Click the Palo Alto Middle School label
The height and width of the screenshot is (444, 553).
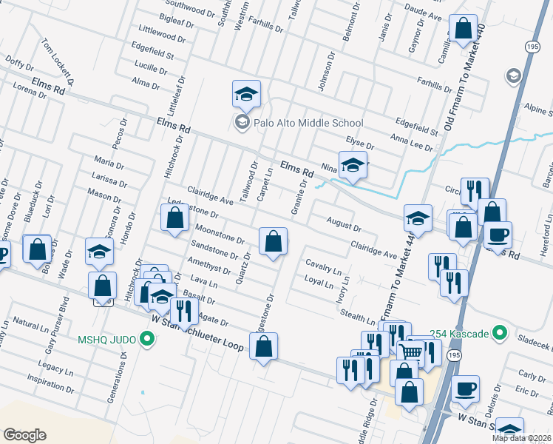pyautogui.click(x=309, y=123)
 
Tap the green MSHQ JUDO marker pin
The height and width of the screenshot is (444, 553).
pyautogui.click(x=147, y=340)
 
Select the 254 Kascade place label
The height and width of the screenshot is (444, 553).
pyautogui.click(x=464, y=334)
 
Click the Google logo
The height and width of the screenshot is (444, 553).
pyautogui.click(x=24, y=434)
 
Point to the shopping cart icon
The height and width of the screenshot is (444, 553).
pyautogui.click(x=411, y=353)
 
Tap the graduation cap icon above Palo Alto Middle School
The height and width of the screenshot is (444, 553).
pyautogui.click(x=247, y=94)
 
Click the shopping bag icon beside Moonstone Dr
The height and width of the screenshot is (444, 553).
pyautogui.click(x=273, y=240)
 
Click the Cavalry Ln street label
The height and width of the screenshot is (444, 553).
pyautogui.click(x=324, y=266)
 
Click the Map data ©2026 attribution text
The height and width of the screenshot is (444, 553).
pyautogui.click(x=522, y=438)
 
